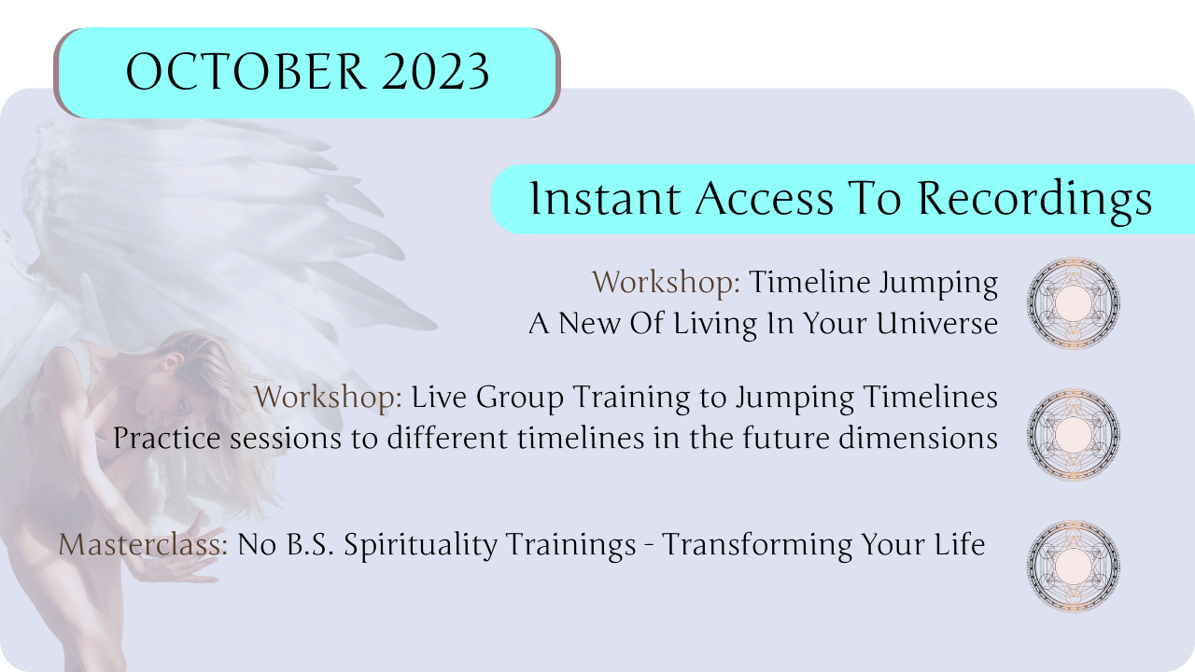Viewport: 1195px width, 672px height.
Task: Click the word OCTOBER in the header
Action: click(x=246, y=72)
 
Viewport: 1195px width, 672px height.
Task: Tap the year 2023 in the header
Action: click(x=435, y=72)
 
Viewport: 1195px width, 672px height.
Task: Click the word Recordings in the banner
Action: click(x=1034, y=200)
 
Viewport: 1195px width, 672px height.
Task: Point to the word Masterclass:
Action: click(x=143, y=544)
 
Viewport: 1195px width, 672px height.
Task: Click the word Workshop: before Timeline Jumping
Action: click(x=666, y=282)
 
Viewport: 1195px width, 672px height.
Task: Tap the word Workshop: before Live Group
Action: click(x=328, y=397)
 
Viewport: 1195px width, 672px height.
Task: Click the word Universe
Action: click(x=936, y=323)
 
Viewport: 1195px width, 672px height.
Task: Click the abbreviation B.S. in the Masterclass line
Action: click(x=310, y=544)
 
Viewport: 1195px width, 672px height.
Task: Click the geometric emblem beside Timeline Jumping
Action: click(x=1074, y=303)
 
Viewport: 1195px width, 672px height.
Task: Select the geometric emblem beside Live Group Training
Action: click(x=1074, y=434)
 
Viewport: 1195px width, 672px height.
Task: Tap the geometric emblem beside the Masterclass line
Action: click(x=1074, y=566)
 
